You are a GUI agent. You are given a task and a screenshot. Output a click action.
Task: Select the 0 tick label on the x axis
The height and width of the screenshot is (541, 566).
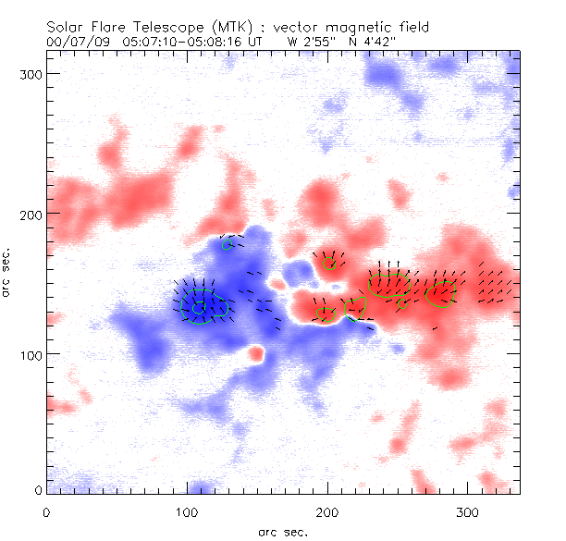point(45,510)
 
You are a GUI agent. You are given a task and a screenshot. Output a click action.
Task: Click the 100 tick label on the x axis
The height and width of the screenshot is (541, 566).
point(187,510)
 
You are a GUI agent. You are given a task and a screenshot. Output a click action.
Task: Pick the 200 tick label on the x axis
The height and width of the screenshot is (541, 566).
point(327,510)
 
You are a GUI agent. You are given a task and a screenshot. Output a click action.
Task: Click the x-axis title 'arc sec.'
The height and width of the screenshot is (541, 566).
point(282,531)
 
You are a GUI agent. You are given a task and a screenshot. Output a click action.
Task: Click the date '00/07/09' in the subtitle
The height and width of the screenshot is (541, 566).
point(75,42)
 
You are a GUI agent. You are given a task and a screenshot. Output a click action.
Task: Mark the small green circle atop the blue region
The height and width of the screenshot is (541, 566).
point(228,245)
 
